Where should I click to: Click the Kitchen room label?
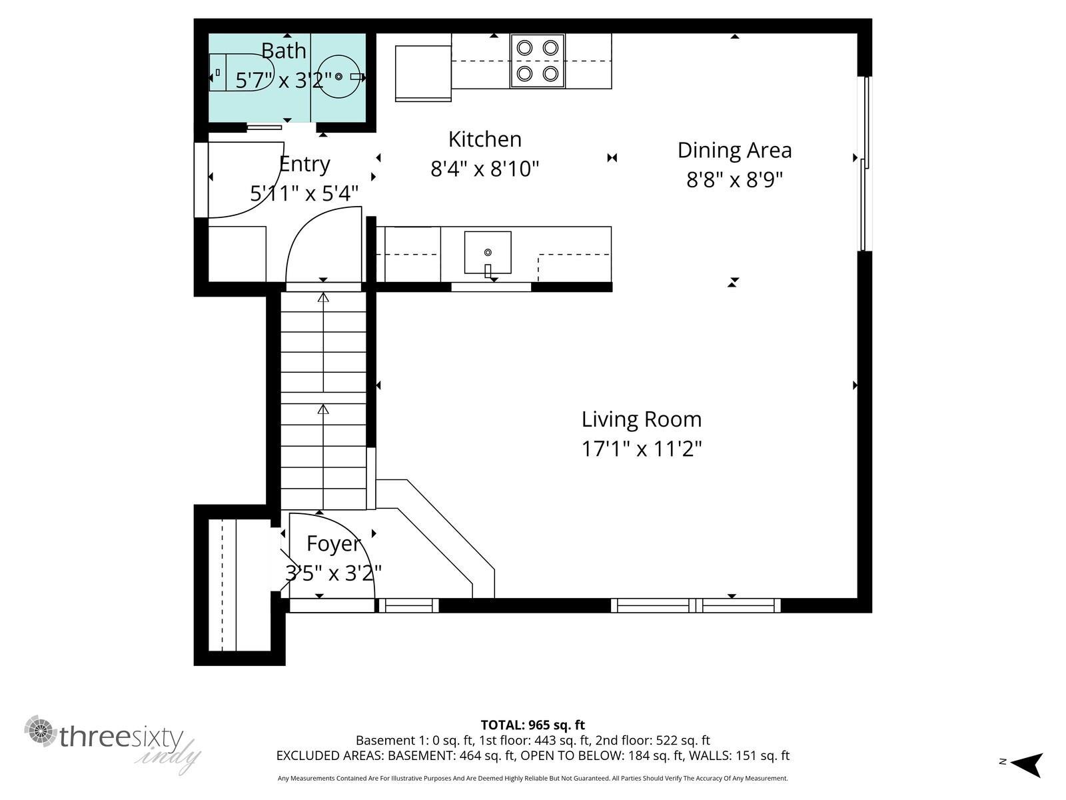(484, 139)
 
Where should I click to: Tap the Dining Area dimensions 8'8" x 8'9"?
(734, 180)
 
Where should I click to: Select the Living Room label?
(641, 419)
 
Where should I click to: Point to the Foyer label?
(333, 544)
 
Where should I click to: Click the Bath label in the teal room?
(283, 51)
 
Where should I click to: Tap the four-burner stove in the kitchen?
(537, 61)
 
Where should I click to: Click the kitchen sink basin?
(488, 252)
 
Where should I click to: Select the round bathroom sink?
(338, 77)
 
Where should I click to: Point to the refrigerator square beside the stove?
(423, 73)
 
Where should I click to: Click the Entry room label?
(304, 164)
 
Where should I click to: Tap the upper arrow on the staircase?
(323, 298)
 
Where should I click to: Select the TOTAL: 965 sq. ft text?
(532, 725)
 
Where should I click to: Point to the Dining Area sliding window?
(865, 163)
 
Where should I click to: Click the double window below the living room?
(696, 605)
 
